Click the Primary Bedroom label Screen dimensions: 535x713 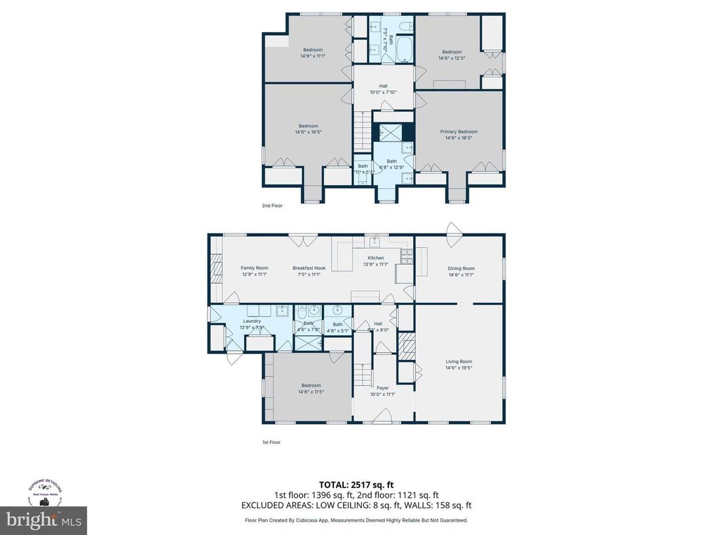click(458, 132)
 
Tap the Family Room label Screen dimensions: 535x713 click(254, 268)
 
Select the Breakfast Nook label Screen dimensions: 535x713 click(307, 268)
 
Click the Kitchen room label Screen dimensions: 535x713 click(376, 258)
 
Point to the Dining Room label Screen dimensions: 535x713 click(461, 268)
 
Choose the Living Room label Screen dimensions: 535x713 click(458, 361)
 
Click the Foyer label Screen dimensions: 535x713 click(382, 388)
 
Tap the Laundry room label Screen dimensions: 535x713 click(252, 321)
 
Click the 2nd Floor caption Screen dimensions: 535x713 click(272, 206)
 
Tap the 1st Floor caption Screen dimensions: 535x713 click(271, 442)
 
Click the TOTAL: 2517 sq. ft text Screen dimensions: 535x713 click(356, 485)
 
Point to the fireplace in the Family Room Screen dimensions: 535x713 click(215, 269)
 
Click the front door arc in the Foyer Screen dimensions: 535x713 click(382, 416)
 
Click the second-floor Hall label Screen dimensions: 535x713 click(383, 86)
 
